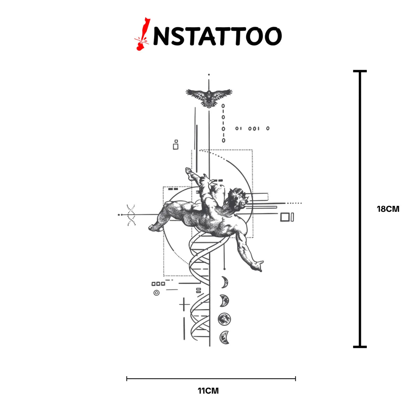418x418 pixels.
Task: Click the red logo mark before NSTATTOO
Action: point(142,34)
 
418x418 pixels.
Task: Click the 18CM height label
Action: point(388,209)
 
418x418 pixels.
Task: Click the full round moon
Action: point(224,319)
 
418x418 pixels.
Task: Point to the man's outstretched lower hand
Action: point(258,266)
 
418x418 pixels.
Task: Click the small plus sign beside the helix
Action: point(184,305)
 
